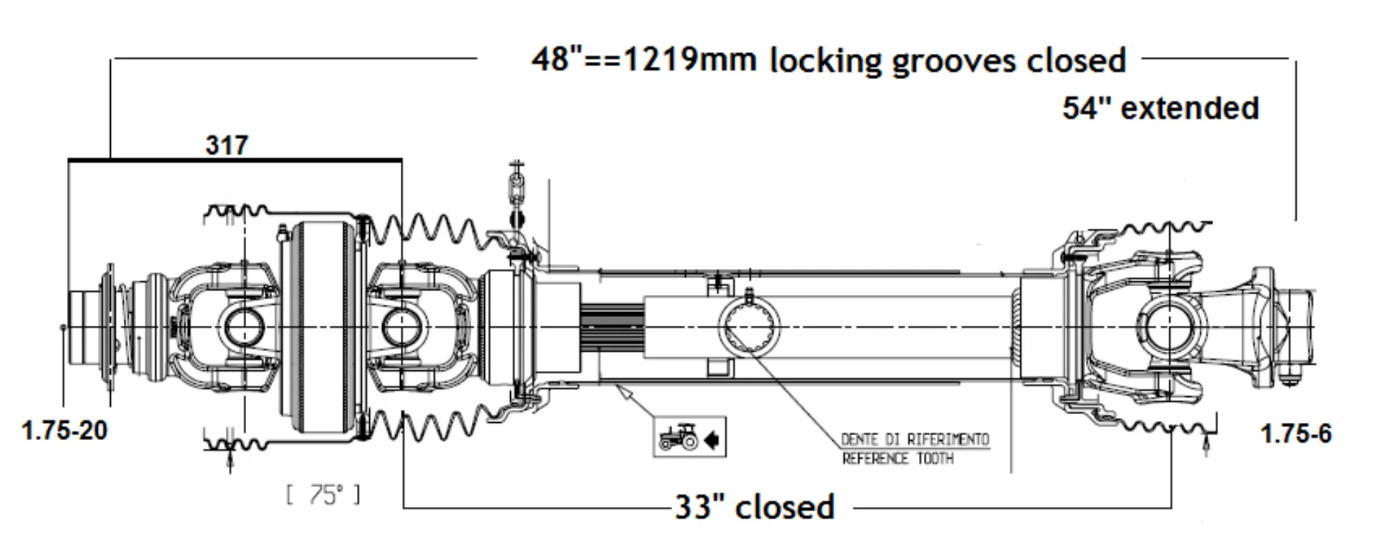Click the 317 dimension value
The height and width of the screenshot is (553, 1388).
[x=227, y=145]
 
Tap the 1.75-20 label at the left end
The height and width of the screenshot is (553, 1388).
[x=65, y=431]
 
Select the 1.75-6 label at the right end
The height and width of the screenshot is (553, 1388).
[x=1296, y=434]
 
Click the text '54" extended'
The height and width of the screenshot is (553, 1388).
[x=1161, y=109]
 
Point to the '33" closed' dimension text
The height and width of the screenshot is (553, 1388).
[x=754, y=508]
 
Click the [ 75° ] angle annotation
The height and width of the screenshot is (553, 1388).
[x=323, y=495]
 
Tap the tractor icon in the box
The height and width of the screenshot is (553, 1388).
[x=679, y=437]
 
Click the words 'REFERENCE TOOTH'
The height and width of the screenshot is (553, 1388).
[x=897, y=458]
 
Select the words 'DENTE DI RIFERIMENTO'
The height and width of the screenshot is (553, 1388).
[x=915, y=439]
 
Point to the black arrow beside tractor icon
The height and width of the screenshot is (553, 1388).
[x=712, y=438]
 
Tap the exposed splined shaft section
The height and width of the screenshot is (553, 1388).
[x=612, y=327]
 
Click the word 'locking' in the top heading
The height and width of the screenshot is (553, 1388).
[x=825, y=61]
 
